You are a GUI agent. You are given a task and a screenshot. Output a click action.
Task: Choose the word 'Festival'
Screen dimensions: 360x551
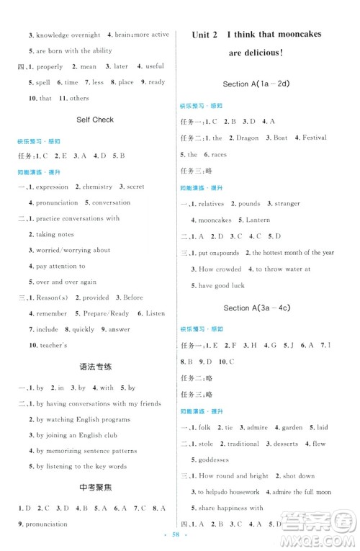[314, 138]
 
